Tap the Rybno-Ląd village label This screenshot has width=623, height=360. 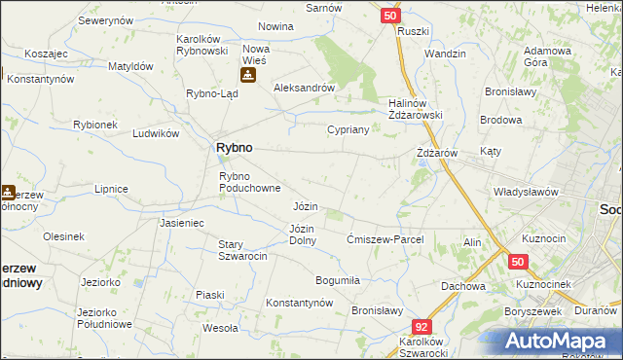point(206,93)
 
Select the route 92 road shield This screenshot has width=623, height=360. point(421,328)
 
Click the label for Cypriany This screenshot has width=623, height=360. point(348,128)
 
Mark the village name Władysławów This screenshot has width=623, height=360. point(526,192)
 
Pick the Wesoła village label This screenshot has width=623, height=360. point(221,328)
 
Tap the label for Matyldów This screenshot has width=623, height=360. point(131,66)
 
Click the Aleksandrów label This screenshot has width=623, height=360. point(305,87)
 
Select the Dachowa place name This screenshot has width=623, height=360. point(463,286)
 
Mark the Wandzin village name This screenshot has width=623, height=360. point(446,54)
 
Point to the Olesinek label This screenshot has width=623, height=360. point(64,235)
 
